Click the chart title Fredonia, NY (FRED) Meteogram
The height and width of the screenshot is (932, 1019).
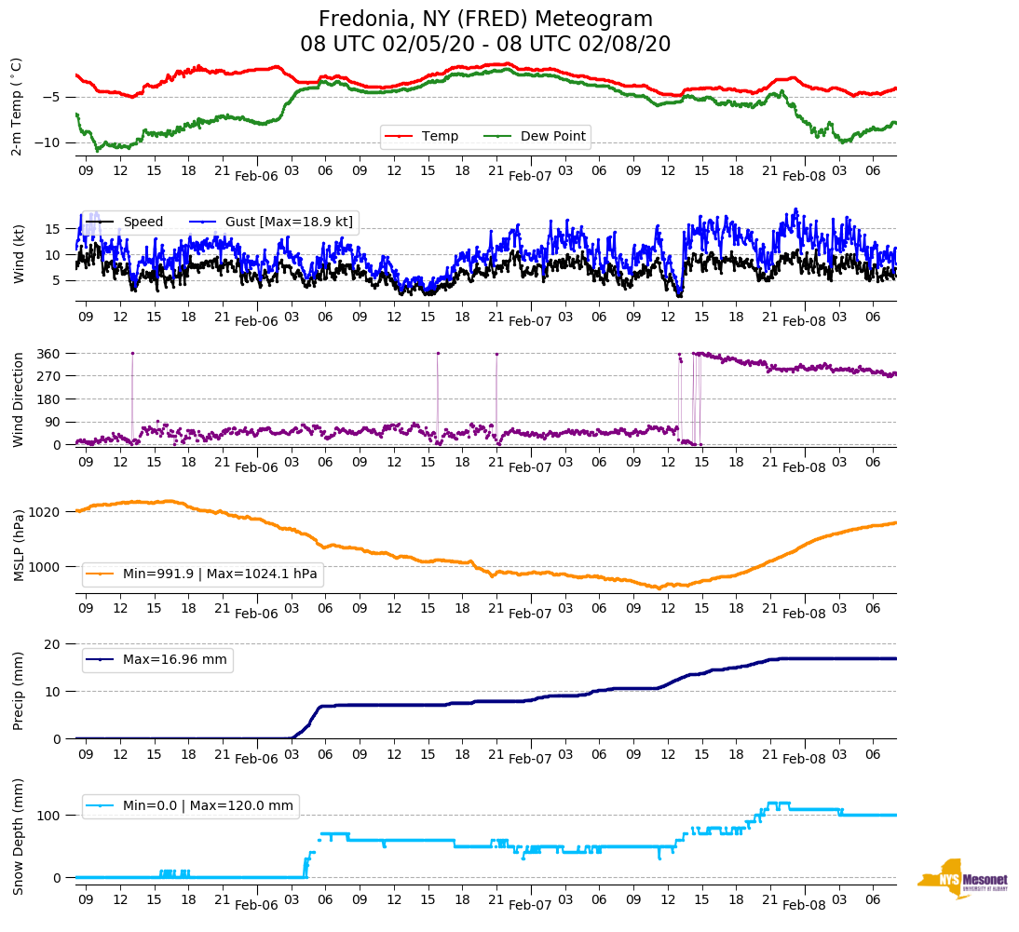(x=485, y=20)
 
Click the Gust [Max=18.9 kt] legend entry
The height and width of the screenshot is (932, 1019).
(x=285, y=222)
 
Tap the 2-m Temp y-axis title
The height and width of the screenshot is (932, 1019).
(x=17, y=106)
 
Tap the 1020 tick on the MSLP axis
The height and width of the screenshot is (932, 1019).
(x=46, y=512)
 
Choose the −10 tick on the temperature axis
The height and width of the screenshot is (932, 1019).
(x=48, y=142)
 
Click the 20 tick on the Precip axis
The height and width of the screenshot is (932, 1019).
(x=54, y=644)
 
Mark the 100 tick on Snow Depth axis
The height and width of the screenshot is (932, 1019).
(x=50, y=816)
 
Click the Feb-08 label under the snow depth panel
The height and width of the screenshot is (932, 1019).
(x=804, y=904)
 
